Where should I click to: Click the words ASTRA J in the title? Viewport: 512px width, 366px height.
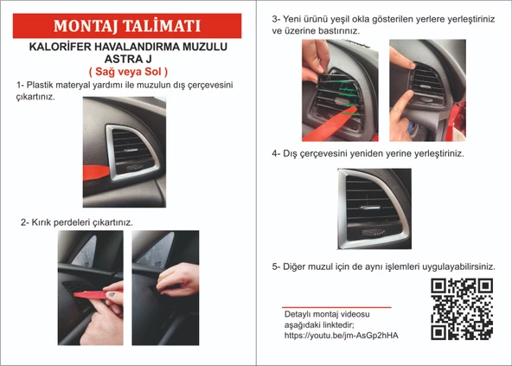128,59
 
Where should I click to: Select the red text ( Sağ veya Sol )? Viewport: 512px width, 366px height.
128,71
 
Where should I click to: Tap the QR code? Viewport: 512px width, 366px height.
462,310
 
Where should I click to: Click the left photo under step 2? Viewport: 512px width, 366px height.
91,284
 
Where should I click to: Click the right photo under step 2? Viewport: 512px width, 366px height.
165,284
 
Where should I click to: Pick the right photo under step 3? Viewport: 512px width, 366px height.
424,91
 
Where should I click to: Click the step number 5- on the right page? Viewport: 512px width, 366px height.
278,266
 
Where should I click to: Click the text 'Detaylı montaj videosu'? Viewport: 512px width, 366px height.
326,312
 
